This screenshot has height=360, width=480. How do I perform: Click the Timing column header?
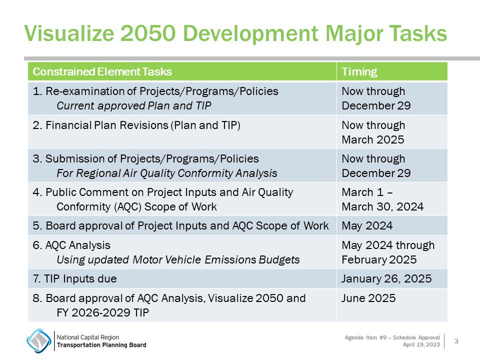point(359,72)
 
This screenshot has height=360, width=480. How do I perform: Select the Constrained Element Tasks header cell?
point(102,72)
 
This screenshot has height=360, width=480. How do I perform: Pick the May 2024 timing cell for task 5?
point(367,226)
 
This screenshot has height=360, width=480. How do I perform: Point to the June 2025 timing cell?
point(368,298)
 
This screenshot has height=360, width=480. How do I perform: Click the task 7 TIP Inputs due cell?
point(74,278)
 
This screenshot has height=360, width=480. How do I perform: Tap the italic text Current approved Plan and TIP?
point(134,105)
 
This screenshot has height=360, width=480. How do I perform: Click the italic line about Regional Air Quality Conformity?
point(166,173)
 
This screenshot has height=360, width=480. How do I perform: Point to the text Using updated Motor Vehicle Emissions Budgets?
point(178,259)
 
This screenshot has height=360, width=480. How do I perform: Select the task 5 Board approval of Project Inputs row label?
point(180,226)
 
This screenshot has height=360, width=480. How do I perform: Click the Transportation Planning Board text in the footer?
point(101,345)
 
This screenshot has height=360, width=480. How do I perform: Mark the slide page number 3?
point(456,341)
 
